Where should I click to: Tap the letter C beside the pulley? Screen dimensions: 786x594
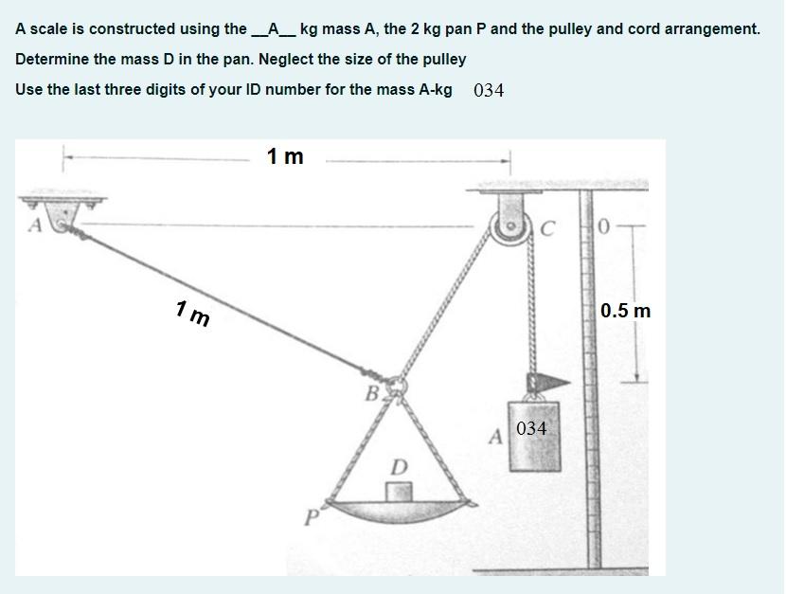[548, 228]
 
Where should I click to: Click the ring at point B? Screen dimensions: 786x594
[398, 385]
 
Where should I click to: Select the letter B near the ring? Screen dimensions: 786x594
[372, 394]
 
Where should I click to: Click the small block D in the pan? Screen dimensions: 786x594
[399, 492]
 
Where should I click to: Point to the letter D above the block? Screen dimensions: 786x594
[399, 467]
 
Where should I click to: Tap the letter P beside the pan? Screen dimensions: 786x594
[312, 517]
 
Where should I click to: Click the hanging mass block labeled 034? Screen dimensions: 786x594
[534, 436]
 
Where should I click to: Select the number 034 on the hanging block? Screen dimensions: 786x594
[531, 428]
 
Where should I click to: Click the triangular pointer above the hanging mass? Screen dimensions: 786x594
[548, 383]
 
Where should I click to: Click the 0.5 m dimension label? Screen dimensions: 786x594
[626, 311]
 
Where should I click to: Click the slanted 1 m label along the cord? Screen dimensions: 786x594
[193, 313]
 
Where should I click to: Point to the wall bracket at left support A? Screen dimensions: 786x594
[63, 208]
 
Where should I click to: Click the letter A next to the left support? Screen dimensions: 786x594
[35, 225]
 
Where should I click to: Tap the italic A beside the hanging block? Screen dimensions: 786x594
[496, 436]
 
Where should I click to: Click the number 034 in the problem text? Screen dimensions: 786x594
[489, 91]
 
